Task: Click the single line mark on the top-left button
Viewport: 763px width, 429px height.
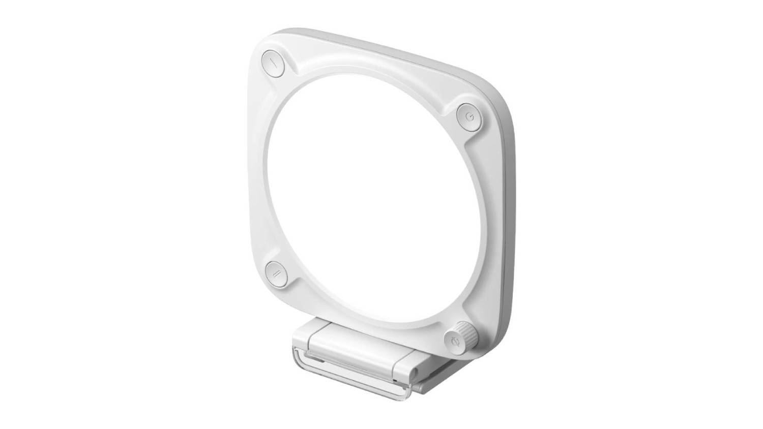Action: click(274, 64)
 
